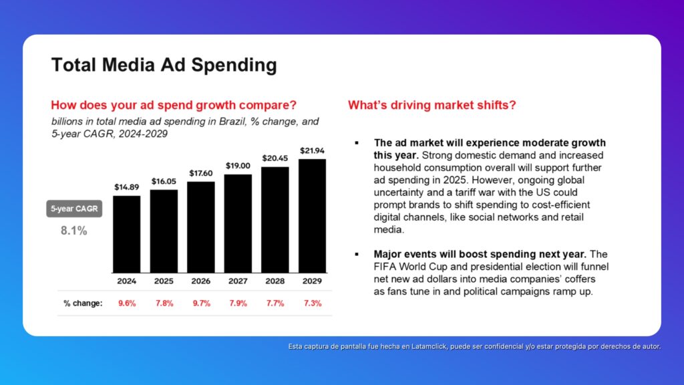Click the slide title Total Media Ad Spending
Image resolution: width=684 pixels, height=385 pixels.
click(164, 66)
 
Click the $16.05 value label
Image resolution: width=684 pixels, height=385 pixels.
click(164, 181)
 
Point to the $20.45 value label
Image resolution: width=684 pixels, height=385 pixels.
click(275, 158)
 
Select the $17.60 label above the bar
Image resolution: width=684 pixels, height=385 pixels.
click(200, 173)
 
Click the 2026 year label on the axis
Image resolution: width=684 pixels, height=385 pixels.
click(200, 281)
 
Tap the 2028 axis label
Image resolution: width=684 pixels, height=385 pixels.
click(275, 281)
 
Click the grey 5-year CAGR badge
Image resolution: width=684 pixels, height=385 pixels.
click(73, 209)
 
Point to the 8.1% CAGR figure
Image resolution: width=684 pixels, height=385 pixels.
click(73, 231)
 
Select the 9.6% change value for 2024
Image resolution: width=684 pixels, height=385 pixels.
click(126, 303)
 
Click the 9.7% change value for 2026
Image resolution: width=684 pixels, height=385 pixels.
click(200, 303)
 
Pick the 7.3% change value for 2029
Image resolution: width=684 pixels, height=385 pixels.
click(312, 303)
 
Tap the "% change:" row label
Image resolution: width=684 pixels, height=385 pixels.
click(83, 303)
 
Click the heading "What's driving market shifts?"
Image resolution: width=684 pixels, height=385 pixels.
click(432, 106)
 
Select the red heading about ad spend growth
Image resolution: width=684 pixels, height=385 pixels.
click(174, 106)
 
